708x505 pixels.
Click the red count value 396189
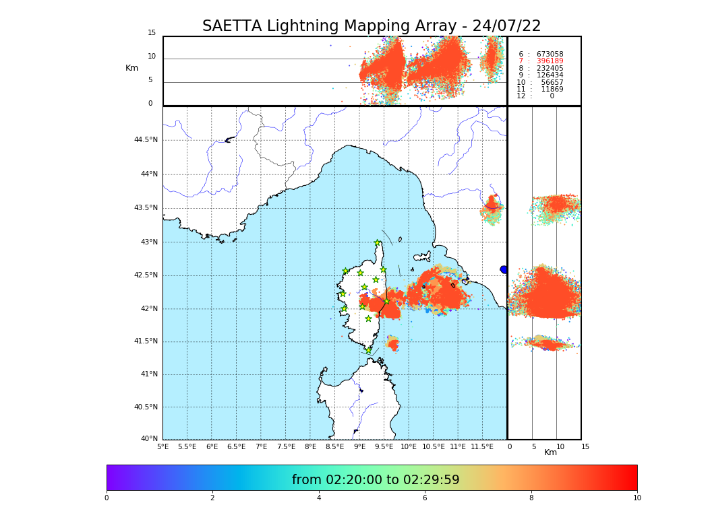pos(550,61)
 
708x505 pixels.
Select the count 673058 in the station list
pos(550,55)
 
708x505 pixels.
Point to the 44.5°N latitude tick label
pos(146,140)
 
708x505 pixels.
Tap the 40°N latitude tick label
pos(149,439)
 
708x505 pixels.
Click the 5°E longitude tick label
pos(163,446)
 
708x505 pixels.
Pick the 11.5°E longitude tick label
pos(482,446)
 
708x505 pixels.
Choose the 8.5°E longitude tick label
pos(334,446)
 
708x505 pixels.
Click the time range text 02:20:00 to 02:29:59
pos(376,480)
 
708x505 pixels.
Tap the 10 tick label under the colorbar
pos(637,498)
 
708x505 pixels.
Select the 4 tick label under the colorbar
pos(319,498)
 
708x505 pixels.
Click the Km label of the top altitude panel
pos(131,68)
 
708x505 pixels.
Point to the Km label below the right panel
pos(550,452)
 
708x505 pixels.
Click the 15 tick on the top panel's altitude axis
pos(152,33)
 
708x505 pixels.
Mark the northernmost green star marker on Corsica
pos(378,243)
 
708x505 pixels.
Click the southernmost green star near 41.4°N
pos(368,350)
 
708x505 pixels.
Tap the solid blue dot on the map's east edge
pos(504,269)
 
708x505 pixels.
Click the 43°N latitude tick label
pos(149,242)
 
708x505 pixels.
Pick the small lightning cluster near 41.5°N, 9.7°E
pos(392,344)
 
